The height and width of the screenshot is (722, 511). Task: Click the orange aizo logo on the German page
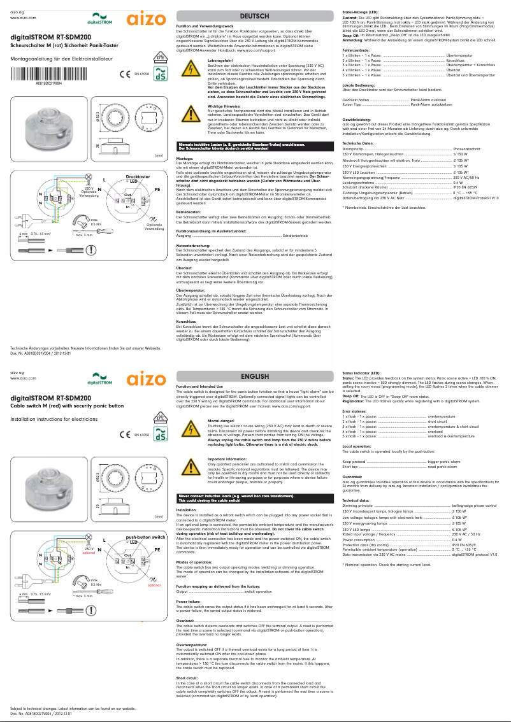click(x=145, y=20)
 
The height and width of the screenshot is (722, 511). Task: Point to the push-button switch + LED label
click(x=141, y=539)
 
